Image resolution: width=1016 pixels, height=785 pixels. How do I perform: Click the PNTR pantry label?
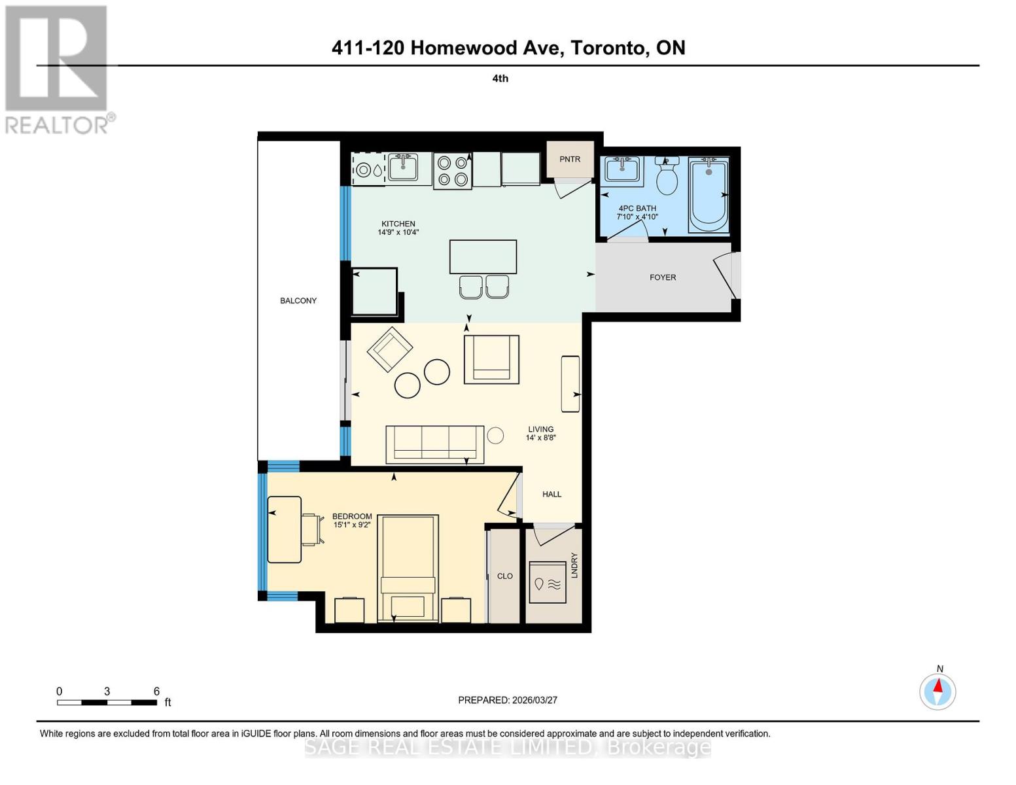coord(570,159)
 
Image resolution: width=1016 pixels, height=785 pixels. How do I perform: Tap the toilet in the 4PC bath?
coord(667,177)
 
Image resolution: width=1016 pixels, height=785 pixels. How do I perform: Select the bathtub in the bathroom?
coord(709,195)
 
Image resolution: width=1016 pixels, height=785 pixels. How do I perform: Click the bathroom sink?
coord(622,169)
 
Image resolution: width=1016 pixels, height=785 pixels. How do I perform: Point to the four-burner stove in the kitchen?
coord(452,171)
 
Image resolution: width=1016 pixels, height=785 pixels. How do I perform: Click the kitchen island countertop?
coord(483,256)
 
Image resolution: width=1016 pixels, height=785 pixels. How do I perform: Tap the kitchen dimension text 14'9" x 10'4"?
coord(398,232)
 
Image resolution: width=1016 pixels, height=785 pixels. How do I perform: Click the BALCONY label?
coord(298,301)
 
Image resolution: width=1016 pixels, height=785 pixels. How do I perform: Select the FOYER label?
coord(663,277)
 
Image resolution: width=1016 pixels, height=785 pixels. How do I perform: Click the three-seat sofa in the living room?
coord(434,444)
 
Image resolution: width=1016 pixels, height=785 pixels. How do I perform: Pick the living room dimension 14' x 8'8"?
coord(540,438)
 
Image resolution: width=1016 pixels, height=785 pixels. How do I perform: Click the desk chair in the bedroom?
coord(313,529)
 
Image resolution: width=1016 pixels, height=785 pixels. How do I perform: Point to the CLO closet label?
coord(504,576)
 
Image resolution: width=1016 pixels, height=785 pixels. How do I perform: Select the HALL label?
coord(552,495)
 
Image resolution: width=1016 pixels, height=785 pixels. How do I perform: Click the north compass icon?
coord(938,691)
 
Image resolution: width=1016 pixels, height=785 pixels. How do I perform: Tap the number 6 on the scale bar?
coord(156,691)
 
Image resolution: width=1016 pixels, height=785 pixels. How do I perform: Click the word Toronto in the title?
coord(608,48)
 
